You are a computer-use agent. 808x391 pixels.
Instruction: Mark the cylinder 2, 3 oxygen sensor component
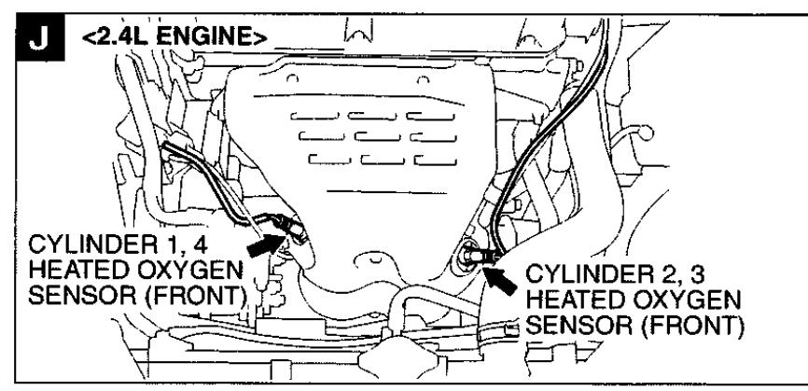click(x=475, y=252)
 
